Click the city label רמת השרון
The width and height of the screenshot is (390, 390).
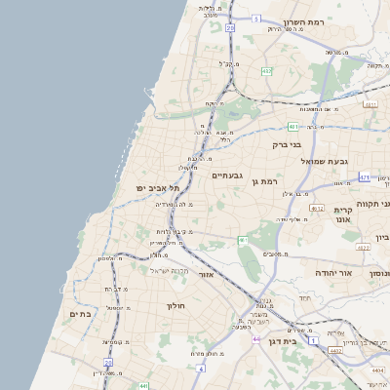pyautogui.click(x=303, y=21)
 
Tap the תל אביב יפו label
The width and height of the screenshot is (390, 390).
pyautogui.click(x=153, y=187)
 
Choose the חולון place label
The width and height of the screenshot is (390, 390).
pyautogui.click(x=176, y=305)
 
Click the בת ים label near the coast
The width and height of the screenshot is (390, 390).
pyautogui.click(x=80, y=314)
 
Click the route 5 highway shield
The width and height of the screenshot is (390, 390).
pyautogui.click(x=256, y=19)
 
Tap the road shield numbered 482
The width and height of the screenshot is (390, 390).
pyautogui.click(x=267, y=71)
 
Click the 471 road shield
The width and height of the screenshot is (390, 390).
pyautogui.click(x=365, y=177)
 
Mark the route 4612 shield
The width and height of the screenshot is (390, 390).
pyautogui.click(x=317, y=208)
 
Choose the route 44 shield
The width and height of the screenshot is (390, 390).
pyautogui.click(x=256, y=338)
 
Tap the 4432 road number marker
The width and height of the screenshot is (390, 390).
pyautogui.click(x=335, y=350)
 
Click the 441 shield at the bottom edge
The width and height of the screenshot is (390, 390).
pyautogui.click(x=143, y=386)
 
